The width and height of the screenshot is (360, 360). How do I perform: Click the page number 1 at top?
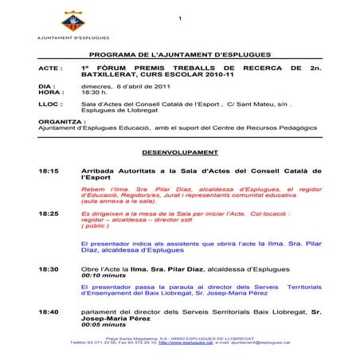pyautogui.click(x=181, y=19)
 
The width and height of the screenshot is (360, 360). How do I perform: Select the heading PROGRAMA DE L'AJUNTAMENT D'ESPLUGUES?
pyautogui.click(x=180, y=56)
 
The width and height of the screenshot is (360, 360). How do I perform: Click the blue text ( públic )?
pyautogui.click(x=96, y=227)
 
